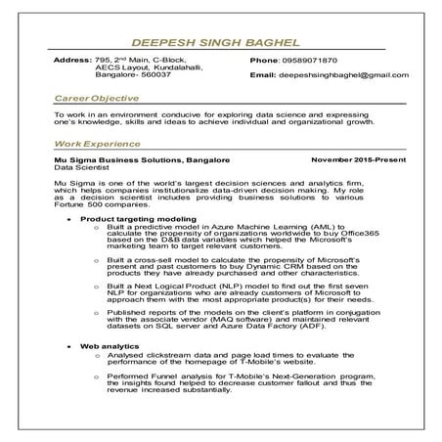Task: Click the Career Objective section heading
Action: (x=97, y=99)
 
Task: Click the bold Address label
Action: (x=72, y=60)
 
